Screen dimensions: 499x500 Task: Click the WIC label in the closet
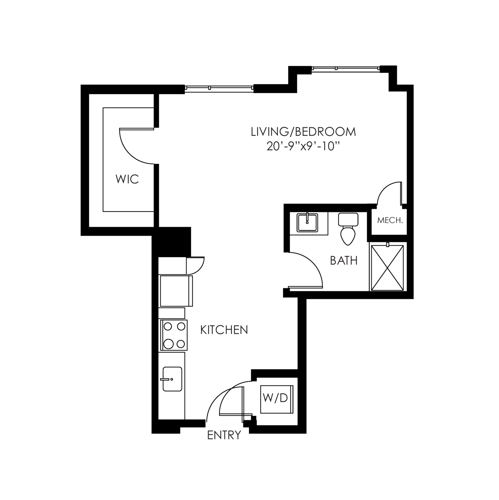click(127, 179)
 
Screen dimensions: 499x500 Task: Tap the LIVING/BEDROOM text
click(303, 132)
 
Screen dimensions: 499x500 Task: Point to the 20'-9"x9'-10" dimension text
click(303, 147)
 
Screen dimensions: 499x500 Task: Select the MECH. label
click(390, 220)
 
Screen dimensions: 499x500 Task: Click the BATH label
click(344, 260)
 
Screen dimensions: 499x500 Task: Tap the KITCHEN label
click(224, 330)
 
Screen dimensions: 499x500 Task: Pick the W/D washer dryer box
click(277, 399)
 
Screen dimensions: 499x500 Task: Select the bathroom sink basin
click(307, 222)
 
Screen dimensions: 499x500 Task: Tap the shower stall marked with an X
click(387, 268)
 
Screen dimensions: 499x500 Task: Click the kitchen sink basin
click(172, 379)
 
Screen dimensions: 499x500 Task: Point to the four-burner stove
click(174, 335)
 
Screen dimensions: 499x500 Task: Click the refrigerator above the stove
click(176, 291)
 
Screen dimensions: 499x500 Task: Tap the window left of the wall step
click(219, 88)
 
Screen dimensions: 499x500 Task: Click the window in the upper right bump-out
click(346, 68)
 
